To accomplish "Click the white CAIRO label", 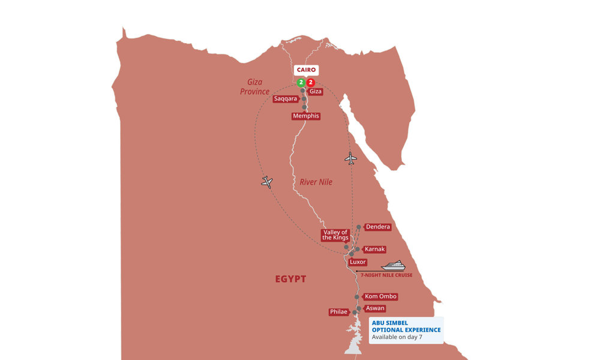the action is (306, 70).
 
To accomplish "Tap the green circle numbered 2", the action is (301, 82).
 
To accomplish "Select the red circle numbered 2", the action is (311, 82).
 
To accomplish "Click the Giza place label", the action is (316, 91).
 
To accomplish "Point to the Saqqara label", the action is (286, 99).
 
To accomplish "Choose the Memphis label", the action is (306, 116).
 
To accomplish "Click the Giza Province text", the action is (254, 87).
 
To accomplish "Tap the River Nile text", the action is (316, 182).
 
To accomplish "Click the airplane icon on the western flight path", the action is (267, 182).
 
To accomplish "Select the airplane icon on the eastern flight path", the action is (350, 158).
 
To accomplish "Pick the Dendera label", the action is (377, 227).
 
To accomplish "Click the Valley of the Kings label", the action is (335, 235).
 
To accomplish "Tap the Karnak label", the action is (374, 249).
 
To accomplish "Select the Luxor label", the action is (358, 262).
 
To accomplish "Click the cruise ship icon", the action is (394, 265).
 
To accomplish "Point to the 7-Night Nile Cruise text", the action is (386, 275).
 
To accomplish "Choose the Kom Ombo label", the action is (380, 296).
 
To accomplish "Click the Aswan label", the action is (374, 308).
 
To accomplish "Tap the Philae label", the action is (338, 312).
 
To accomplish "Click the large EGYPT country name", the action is (291, 279).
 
